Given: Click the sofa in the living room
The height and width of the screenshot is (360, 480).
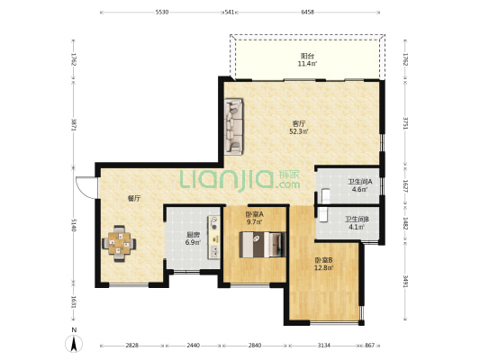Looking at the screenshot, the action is click(x=234, y=126).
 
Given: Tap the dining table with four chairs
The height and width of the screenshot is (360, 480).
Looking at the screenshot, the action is click(x=119, y=244).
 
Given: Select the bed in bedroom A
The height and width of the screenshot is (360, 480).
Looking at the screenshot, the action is click(x=262, y=245).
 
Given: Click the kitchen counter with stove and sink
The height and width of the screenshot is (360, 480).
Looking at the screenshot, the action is click(x=214, y=238).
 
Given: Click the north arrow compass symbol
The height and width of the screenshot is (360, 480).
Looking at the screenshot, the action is click(x=74, y=343).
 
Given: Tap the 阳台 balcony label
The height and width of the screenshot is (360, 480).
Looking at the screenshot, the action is click(x=307, y=56).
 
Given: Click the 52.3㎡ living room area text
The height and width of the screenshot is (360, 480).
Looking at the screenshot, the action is click(x=299, y=131).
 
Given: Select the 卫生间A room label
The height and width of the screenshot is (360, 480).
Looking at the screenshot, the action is click(x=360, y=182).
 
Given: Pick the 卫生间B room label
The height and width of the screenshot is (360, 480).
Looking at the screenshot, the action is click(x=357, y=220).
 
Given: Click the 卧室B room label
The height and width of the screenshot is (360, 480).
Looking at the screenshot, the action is click(x=323, y=260).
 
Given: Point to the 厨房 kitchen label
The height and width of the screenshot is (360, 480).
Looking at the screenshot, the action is click(x=193, y=235).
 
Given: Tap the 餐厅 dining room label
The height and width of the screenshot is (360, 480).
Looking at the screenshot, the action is click(x=134, y=199).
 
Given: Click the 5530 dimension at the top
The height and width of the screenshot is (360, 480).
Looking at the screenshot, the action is click(x=162, y=13).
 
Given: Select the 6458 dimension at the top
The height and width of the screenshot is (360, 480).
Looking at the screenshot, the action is click(x=308, y=13).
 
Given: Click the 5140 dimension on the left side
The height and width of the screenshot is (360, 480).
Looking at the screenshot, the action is click(x=74, y=225).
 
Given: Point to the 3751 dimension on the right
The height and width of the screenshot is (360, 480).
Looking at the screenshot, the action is click(x=405, y=123).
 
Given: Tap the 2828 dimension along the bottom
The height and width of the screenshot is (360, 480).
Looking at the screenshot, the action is click(x=132, y=346).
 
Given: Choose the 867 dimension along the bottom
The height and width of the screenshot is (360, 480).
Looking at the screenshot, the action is click(x=370, y=346).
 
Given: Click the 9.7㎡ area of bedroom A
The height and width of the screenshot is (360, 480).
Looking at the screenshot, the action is click(x=255, y=222).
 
